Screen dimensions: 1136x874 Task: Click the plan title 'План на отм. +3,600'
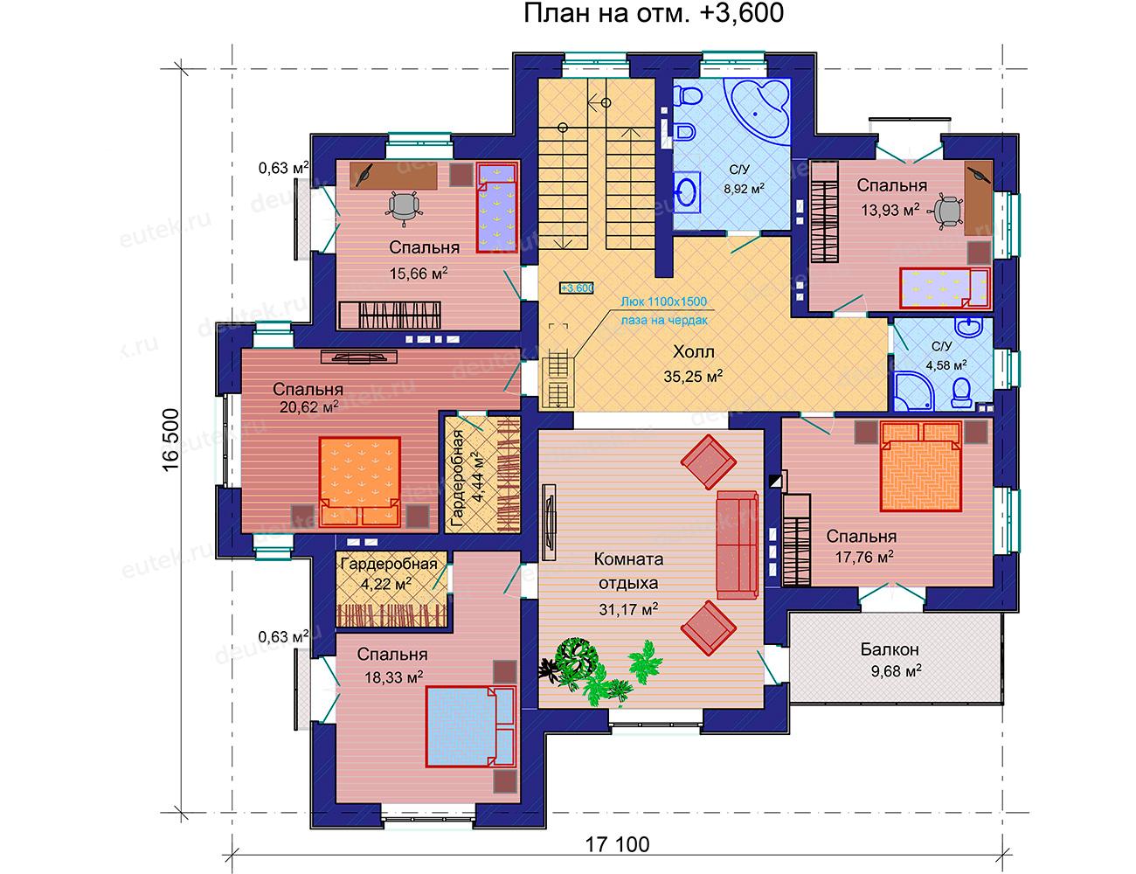654,13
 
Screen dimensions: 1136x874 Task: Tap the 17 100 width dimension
617,844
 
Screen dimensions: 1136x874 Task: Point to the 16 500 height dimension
171,440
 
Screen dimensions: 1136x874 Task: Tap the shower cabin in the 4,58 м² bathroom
914,390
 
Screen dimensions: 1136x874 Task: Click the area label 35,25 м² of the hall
693,376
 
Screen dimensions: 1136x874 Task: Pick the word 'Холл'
693,352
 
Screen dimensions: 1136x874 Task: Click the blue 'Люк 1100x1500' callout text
663,302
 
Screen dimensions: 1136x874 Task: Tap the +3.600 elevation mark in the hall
577,288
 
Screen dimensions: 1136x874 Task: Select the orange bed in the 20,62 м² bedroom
360,482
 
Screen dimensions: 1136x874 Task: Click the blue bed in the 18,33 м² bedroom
471,727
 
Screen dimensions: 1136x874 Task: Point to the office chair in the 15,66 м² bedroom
403,207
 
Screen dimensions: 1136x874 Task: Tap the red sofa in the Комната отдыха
738,545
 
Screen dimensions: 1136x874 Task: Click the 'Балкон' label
890,649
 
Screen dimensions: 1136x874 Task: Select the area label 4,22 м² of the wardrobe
386,583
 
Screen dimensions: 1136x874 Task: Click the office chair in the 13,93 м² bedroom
946,212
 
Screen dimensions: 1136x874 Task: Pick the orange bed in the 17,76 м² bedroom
921,466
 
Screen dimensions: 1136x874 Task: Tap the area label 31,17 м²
628,609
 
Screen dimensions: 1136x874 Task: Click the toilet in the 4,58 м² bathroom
962,392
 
